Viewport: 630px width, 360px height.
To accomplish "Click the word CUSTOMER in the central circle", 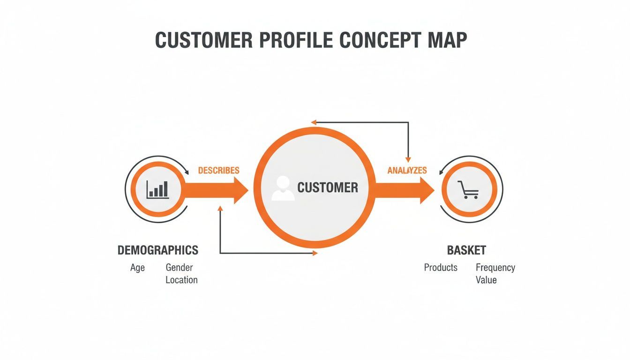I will (328, 188).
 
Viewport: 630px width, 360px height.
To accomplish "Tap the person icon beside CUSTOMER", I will (283, 188).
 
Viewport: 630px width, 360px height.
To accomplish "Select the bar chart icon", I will (157, 189).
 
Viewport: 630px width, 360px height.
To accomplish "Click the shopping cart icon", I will (468, 189).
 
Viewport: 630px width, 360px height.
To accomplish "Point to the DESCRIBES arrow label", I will (218, 170).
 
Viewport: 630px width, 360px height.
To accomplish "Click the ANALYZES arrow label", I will (407, 170).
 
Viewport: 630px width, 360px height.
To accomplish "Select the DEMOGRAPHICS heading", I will (157, 250).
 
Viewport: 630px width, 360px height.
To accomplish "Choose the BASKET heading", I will (466, 250).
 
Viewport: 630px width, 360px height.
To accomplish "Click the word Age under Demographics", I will (137, 268).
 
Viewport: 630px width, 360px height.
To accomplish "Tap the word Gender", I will (179, 268).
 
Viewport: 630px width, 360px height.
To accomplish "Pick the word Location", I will (181, 280).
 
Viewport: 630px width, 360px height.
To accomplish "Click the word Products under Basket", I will (441, 268).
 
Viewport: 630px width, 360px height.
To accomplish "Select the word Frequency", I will (495, 268).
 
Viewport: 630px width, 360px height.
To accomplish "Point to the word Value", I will (486, 280).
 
